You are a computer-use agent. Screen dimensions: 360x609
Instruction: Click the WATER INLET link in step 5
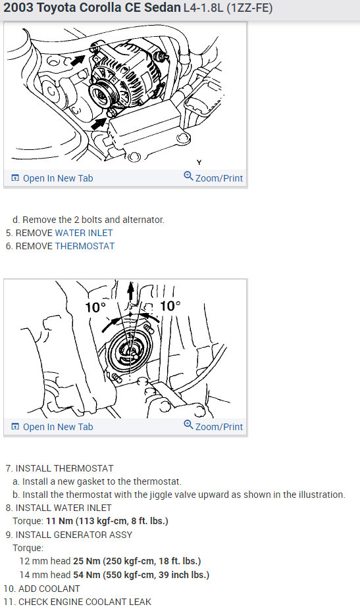(x=84, y=233)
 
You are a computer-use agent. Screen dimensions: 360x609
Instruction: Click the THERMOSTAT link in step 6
(x=85, y=246)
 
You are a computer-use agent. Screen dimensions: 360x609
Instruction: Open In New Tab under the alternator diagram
(x=53, y=178)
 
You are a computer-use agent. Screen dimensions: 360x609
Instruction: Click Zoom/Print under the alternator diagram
(x=213, y=178)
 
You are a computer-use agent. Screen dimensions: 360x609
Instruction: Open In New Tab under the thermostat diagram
(x=53, y=427)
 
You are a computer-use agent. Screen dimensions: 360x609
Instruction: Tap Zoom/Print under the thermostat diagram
(x=213, y=426)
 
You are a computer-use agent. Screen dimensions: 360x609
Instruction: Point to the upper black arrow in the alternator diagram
(x=78, y=61)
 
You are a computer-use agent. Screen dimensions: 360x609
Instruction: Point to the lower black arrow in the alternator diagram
(x=99, y=124)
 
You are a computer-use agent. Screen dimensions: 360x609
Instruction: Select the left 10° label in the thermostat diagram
(x=95, y=307)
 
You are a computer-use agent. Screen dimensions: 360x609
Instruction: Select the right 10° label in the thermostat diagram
(x=170, y=306)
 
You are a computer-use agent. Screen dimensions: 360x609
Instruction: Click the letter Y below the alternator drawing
(x=199, y=162)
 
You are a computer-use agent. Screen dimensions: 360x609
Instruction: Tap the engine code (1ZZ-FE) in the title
(x=249, y=8)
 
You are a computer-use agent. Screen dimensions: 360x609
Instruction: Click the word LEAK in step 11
(x=140, y=602)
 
